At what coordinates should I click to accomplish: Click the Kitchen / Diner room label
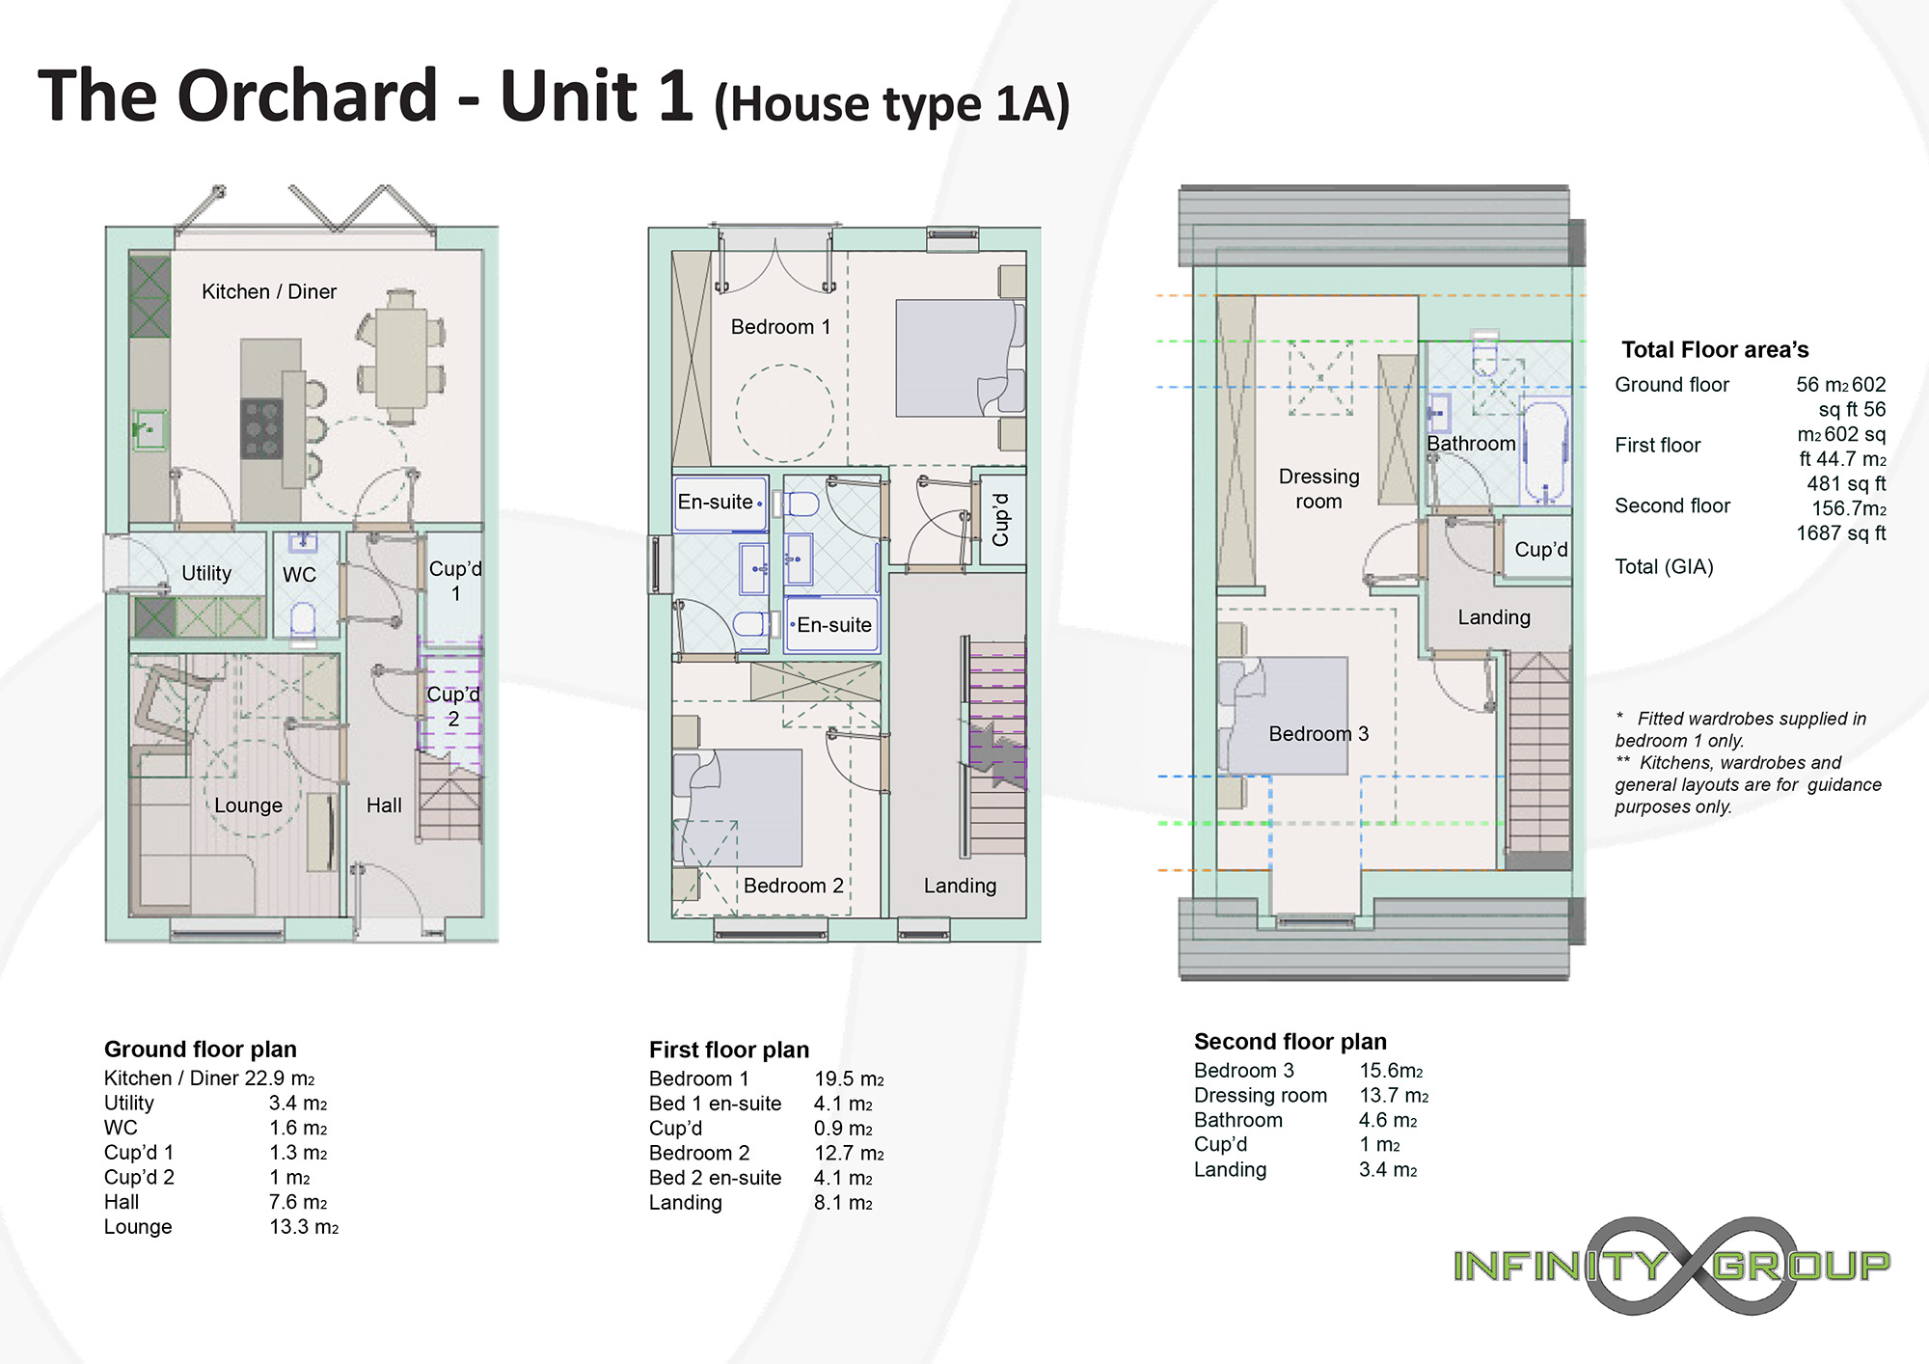tap(269, 291)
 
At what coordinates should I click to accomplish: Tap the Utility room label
tap(206, 573)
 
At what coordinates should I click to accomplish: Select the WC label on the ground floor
tap(299, 575)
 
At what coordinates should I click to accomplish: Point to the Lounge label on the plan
tap(248, 805)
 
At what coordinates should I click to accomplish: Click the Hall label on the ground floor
tap(384, 805)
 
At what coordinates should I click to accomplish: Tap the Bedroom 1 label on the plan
tap(780, 327)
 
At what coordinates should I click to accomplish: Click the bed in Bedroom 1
tap(959, 358)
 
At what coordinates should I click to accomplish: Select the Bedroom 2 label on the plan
tap(794, 886)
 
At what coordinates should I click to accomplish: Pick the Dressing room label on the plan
tap(1318, 489)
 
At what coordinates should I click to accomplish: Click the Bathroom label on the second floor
tap(1471, 444)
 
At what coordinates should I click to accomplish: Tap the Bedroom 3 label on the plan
tap(1318, 734)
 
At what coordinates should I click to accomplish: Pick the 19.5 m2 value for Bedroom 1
tap(849, 1079)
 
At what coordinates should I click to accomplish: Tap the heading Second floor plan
tap(1291, 1042)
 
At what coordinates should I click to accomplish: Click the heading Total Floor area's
tap(1715, 349)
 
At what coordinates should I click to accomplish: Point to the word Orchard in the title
tap(309, 95)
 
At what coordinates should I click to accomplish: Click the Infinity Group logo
tap(1671, 1266)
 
